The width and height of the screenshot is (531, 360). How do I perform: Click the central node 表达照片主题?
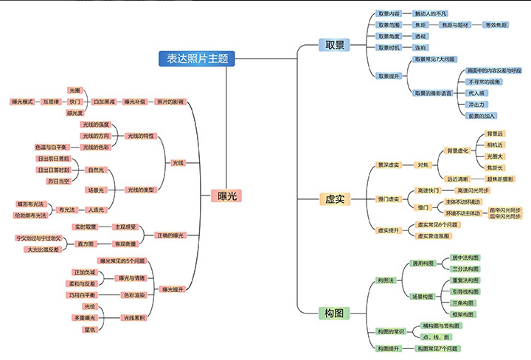tap(197, 58)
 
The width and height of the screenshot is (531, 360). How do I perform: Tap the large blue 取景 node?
tap(334, 45)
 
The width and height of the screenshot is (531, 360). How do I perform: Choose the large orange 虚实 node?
tap(334, 199)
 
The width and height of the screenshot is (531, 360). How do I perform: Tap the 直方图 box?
tap(86, 243)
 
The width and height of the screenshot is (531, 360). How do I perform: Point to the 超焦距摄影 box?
tap(500, 179)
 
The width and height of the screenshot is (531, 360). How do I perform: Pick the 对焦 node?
tap(423, 165)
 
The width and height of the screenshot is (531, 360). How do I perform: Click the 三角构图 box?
tap(465, 303)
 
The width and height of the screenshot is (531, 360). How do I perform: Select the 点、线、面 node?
tap(434, 336)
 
